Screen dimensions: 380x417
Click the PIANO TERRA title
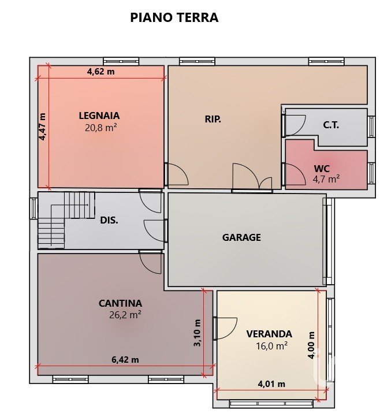(x=174, y=17)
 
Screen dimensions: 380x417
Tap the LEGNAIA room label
(x=99, y=116)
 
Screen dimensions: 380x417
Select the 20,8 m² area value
(x=101, y=128)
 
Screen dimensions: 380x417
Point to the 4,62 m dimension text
(x=101, y=72)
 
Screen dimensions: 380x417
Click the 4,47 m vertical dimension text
(x=42, y=126)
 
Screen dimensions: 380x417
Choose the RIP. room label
(x=213, y=119)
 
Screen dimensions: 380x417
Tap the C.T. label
(x=331, y=125)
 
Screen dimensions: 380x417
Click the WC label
(x=322, y=169)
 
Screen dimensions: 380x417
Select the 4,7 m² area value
(x=326, y=179)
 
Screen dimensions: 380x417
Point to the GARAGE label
(x=241, y=237)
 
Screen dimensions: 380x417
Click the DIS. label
(x=109, y=220)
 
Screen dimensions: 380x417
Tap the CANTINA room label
(x=120, y=303)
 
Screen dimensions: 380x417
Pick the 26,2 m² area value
(x=125, y=315)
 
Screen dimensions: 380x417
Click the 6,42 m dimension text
(x=125, y=360)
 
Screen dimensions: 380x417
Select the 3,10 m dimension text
(x=197, y=333)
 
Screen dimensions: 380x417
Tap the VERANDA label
(x=269, y=334)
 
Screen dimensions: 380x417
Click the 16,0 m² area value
(x=271, y=346)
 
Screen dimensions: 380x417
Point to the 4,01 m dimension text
(x=271, y=384)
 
